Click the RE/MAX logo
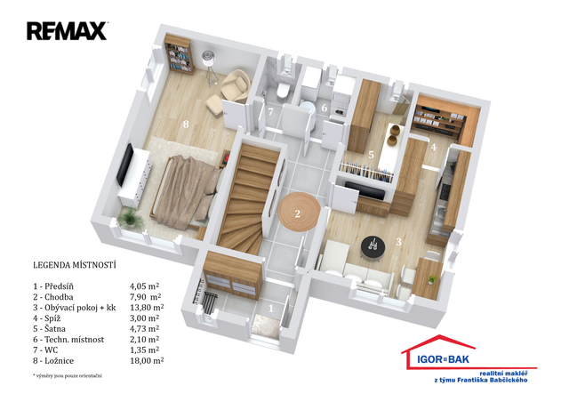pyautogui.click(x=67, y=31)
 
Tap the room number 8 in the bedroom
pyautogui.click(x=186, y=125)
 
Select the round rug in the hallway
pyautogui.click(x=300, y=212)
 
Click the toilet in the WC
pyautogui.click(x=283, y=90)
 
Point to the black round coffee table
pyautogui.click(x=373, y=247)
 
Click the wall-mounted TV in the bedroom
pyautogui.click(x=124, y=165)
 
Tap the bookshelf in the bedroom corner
pyautogui.click(x=179, y=53)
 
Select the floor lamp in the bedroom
pyautogui.click(x=210, y=68)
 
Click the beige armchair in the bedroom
pyautogui.click(x=236, y=85)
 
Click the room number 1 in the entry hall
pyautogui.click(x=270, y=309)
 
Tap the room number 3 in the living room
pyautogui.click(x=398, y=242)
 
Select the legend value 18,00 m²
pyautogui.click(x=147, y=360)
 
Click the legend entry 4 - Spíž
pyautogui.click(x=47, y=318)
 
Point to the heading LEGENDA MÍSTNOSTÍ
pyautogui.click(x=75, y=265)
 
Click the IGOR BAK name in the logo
pyautogui.click(x=443, y=359)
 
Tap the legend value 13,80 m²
pyautogui.click(x=147, y=308)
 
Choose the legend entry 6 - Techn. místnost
pyautogui.click(x=68, y=340)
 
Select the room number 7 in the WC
pyautogui.click(x=270, y=111)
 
